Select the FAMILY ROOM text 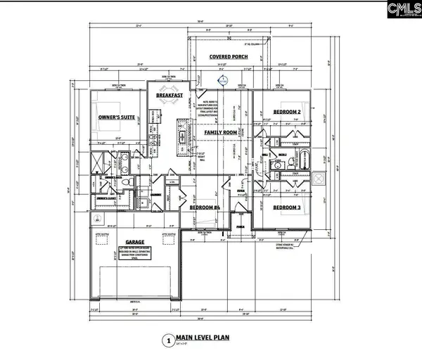point(219,132)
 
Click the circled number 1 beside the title point(167,340)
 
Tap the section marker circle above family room point(224,82)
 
